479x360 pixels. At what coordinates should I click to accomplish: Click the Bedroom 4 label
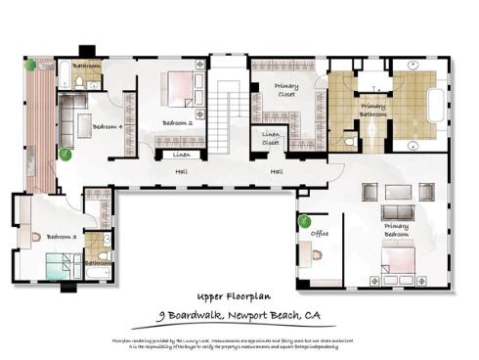[x=108, y=126]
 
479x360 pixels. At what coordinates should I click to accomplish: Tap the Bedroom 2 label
[x=177, y=123]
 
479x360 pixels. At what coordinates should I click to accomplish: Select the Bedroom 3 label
[x=61, y=237]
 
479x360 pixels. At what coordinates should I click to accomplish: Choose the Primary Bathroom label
[x=373, y=110]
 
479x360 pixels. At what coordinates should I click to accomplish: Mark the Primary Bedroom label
[x=396, y=231]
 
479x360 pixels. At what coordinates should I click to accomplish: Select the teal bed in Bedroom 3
[x=65, y=265]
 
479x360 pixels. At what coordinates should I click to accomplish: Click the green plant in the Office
[x=304, y=220]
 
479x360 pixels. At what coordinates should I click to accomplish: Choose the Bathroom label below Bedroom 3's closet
[x=97, y=262]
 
